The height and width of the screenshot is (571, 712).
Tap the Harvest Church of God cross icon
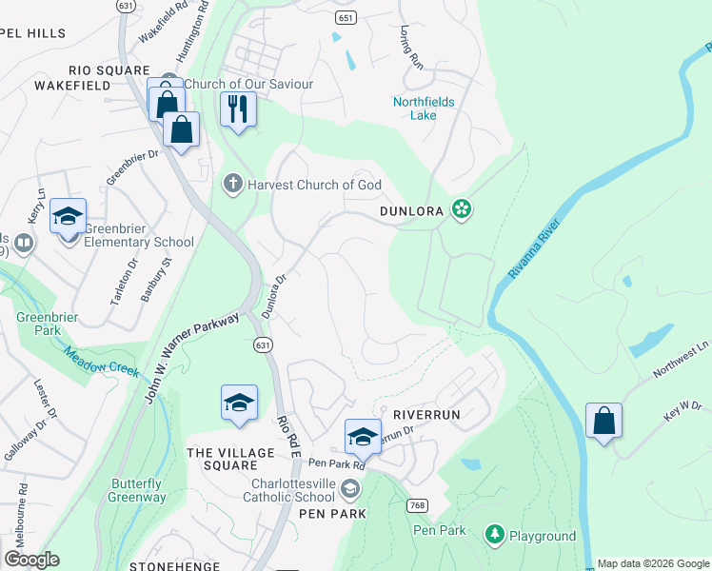coord(232,184)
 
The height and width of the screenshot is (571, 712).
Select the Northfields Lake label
coord(424,108)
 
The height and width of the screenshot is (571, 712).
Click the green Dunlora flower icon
coord(462,209)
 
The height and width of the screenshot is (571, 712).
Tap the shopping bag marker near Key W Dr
coord(603,421)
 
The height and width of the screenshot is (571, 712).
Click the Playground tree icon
coord(494,536)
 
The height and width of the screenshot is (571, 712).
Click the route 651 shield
coord(346,18)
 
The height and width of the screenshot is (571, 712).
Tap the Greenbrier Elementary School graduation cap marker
coord(68,217)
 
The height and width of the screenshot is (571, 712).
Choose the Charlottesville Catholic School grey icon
coord(349,489)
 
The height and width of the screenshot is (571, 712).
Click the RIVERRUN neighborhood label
coord(426,416)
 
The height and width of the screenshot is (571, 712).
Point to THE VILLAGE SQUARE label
coord(223,459)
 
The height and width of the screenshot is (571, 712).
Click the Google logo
coord(31,560)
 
